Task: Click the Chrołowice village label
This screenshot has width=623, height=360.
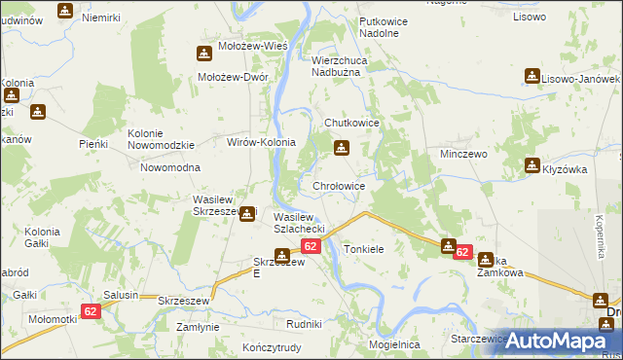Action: click(x=338, y=186)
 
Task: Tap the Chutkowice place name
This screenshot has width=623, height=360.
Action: click(x=351, y=124)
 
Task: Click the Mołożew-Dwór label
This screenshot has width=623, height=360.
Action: click(x=233, y=77)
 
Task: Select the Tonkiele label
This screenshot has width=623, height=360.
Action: click(x=364, y=250)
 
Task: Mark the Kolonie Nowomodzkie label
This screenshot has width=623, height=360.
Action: click(x=162, y=139)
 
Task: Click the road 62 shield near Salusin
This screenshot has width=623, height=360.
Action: click(x=91, y=311)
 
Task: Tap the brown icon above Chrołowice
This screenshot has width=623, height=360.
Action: click(x=341, y=148)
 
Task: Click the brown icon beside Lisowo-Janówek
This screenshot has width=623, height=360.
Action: click(x=531, y=75)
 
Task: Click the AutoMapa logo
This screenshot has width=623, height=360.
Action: click(x=556, y=341)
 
